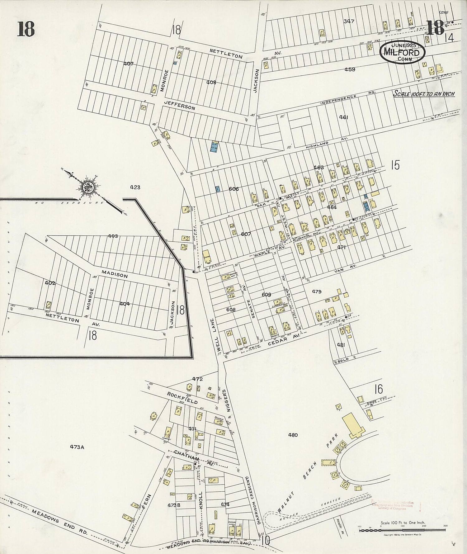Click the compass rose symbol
pos(89,187)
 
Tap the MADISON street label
pos(115,274)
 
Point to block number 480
pos(293,435)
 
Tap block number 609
pos(267,295)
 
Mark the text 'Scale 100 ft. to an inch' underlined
pos(424,94)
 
